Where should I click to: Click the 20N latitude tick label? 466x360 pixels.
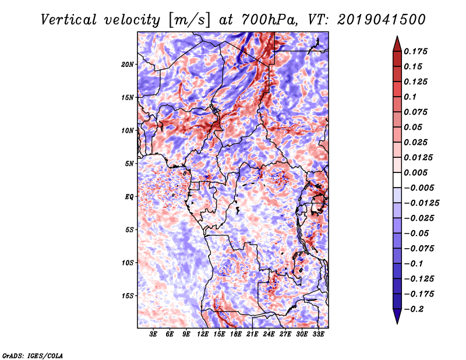point(128,65)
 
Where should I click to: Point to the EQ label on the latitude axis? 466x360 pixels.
point(129,197)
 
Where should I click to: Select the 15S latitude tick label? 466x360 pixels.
point(128,296)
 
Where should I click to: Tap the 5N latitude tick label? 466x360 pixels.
point(129,164)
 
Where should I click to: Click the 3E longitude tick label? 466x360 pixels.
point(153,334)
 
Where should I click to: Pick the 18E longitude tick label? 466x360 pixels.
point(236,334)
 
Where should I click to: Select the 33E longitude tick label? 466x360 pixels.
point(318,334)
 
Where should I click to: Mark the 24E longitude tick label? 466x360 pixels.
point(269,334)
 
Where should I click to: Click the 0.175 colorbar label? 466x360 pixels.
point(415,51)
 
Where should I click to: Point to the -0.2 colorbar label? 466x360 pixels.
point(414,309)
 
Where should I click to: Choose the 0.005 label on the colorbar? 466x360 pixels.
point(415,172)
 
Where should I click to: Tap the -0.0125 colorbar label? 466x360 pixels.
point(421,203)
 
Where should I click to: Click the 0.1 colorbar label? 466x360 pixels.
point(410,97)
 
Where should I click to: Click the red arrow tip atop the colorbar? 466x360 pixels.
point(397,36)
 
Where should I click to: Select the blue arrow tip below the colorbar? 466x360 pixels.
point(397,323)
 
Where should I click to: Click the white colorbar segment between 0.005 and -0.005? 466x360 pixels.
point(397,180)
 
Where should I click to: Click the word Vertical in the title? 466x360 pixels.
point(69,20)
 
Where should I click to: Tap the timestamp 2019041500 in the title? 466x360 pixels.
point(382,20)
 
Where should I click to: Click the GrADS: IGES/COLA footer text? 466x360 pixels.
point(33,355)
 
